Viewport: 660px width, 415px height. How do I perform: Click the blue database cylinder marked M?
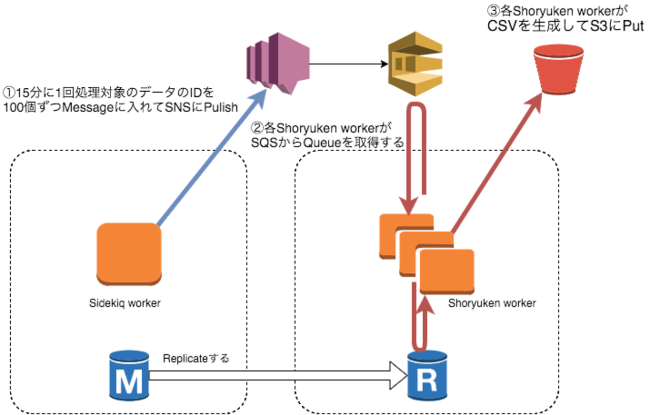tap(129, 374)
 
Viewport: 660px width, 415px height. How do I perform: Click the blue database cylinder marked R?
tap(427, 375)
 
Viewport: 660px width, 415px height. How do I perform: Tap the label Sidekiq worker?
tap(124, 303)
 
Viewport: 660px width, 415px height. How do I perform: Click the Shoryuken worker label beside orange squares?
tap(492, 303)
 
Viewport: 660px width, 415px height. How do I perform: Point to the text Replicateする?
tap(196, 358)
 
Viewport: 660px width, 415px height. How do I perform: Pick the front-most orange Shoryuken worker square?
tap(447, 270)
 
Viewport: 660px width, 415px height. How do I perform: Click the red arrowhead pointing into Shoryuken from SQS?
tap(410, 208)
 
